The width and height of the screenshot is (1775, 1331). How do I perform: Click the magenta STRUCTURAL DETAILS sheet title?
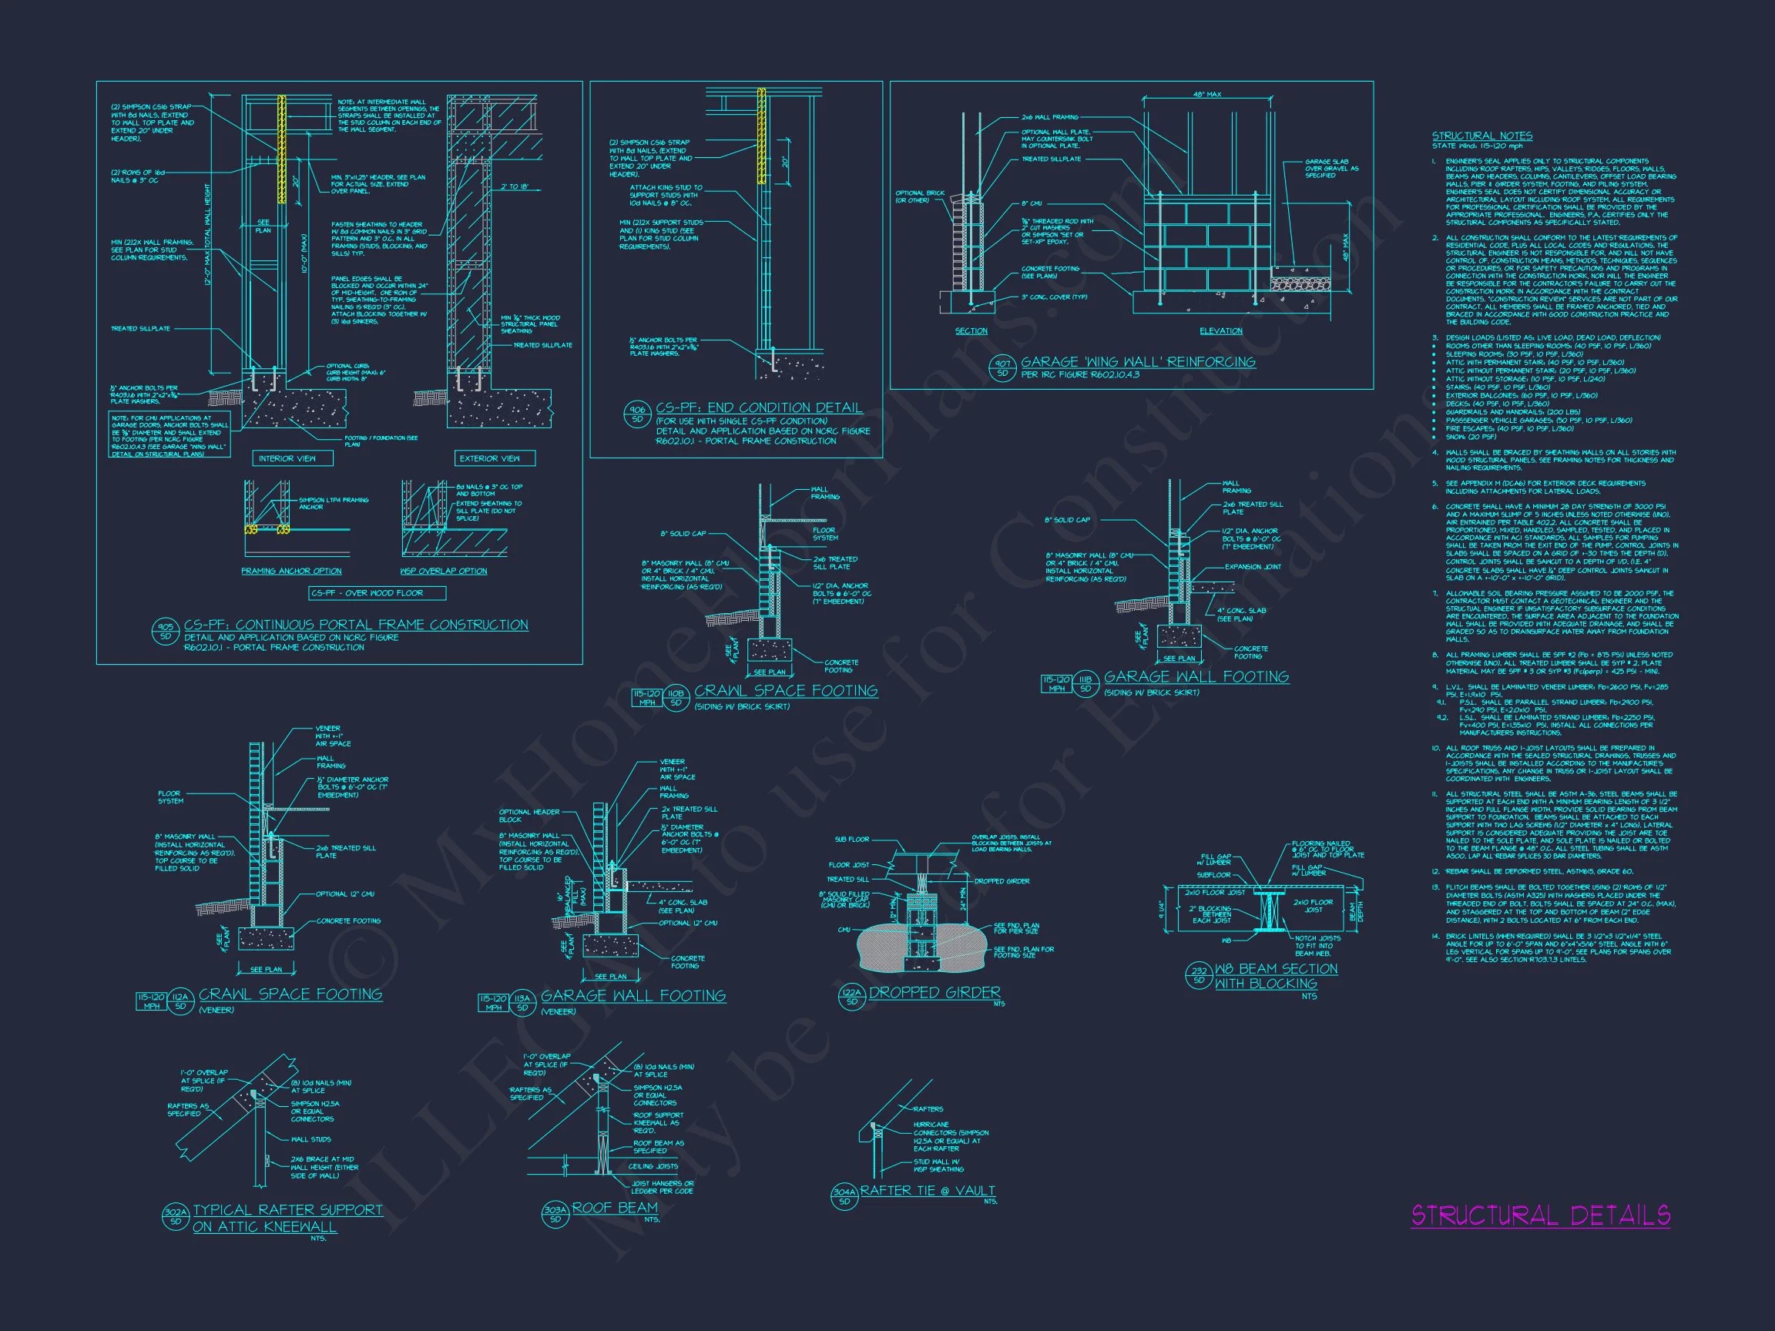click(1540, 1215)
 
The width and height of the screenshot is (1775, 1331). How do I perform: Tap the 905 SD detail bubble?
click(166, 632)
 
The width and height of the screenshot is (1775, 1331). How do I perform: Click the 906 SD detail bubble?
click(638, 414)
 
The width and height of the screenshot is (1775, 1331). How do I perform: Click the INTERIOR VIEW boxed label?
click(287, 458)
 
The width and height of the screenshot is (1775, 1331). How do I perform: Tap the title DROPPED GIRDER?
click(934, 992)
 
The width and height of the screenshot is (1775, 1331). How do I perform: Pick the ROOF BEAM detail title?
click(615, 1208)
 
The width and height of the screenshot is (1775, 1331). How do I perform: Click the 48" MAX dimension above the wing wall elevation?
click(1207, 95)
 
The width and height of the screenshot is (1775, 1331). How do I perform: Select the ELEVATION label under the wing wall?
click(1221, 330)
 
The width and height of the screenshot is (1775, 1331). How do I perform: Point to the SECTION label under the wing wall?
click(971, 330)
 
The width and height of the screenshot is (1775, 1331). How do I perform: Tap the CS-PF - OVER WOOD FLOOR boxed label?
click(377, 593)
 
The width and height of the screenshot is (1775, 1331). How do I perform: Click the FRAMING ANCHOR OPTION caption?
click(291, 572)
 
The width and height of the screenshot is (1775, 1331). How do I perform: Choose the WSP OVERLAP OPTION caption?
click(443, 572)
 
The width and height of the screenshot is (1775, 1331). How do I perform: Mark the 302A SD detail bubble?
click(176, 1217)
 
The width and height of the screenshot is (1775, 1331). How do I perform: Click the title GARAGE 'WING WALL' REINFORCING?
click(1138, 362)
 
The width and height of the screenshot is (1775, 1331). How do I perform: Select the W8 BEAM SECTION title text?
click(1276, 969)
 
